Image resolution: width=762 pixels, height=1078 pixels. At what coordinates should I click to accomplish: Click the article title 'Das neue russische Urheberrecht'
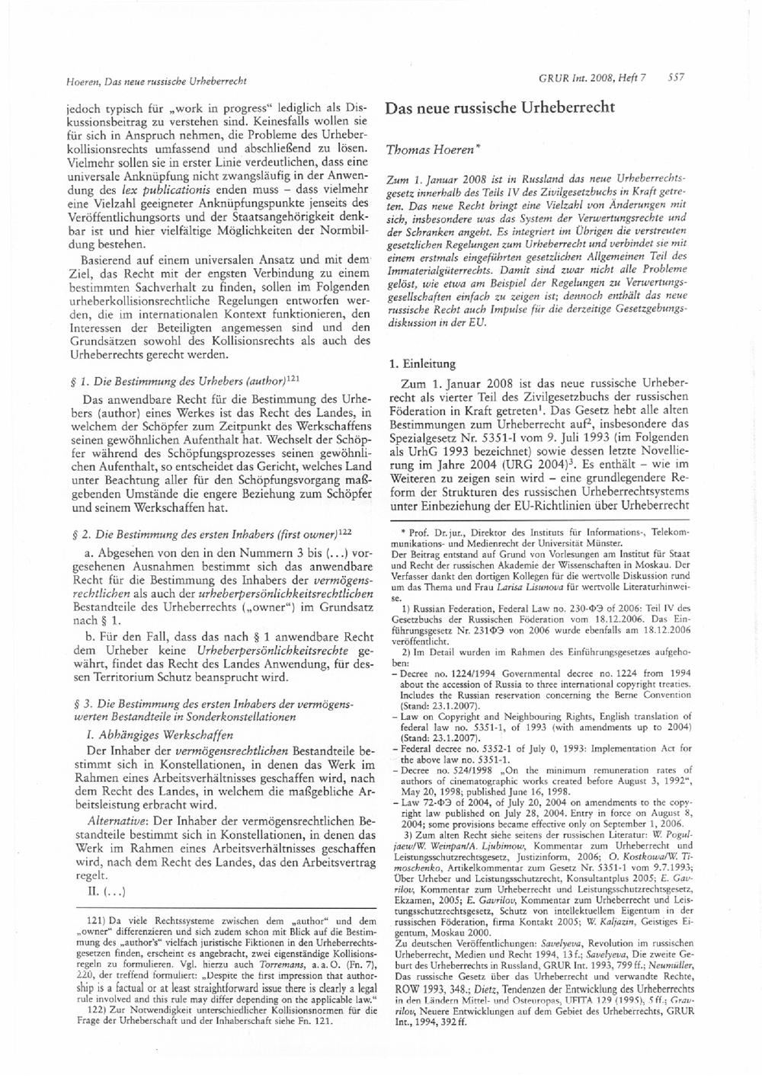(x=500, y=107)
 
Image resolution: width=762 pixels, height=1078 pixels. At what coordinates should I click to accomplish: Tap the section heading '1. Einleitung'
(x=421, y=364)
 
